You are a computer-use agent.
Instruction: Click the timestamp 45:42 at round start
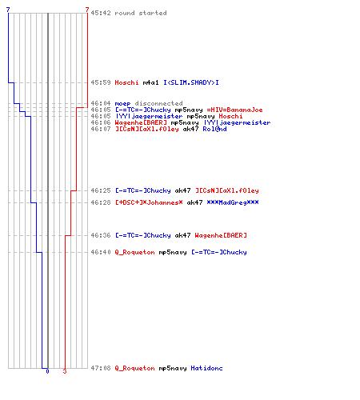pos(101,13)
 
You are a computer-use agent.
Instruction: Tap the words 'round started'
pos(141,13)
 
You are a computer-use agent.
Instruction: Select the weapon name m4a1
pos(150,82)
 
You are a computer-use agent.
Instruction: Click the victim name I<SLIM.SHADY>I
pos(191,82)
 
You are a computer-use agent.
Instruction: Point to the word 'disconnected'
pos(158,103)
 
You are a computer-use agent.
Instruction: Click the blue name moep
pos(122,103)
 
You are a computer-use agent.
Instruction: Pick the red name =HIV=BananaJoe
pos(234,110)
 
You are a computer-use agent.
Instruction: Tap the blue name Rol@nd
pos(214,129)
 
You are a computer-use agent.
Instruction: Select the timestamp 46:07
pos(101,129)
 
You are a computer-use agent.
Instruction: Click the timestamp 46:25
pos(101,190)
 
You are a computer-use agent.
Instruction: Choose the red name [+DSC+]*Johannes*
pos(149,202)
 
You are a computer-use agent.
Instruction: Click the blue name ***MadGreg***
pos(233,202)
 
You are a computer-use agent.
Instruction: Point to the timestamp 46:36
pos(101,235)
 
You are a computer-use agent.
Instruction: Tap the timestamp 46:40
pos(101,252)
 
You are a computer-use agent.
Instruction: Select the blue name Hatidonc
pos(206,368)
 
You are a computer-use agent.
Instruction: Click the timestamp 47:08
pos(101,368)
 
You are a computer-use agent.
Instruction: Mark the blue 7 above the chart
pos(8,10)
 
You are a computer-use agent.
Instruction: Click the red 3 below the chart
pos(65,371)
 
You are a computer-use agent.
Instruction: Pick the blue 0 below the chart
pos(47,371)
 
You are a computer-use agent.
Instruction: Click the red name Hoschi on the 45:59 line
pos(126,82)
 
